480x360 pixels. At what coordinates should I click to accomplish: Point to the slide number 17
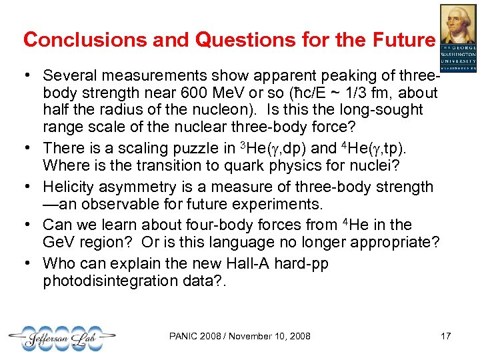[446, 336]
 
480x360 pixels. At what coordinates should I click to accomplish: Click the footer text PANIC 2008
[193, 336]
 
